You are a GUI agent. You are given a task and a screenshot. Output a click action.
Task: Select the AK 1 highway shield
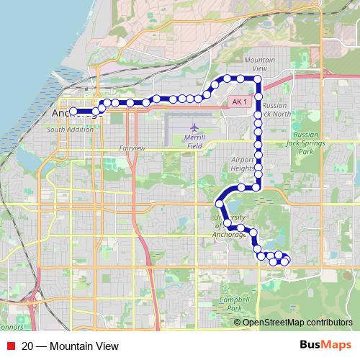[x=240, y=102]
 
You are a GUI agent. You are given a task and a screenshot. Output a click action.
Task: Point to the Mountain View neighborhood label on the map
[x=256, y=63]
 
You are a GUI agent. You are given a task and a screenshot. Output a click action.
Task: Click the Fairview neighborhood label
[x=132, y=148]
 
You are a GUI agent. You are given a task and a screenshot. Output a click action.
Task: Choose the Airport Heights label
[x=243, y=164]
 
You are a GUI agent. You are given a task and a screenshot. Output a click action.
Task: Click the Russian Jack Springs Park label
[x=307, y=142]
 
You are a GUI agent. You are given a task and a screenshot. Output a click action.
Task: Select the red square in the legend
[x=10, y=346]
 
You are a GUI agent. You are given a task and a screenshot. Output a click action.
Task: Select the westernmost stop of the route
[x=73, y=112]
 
